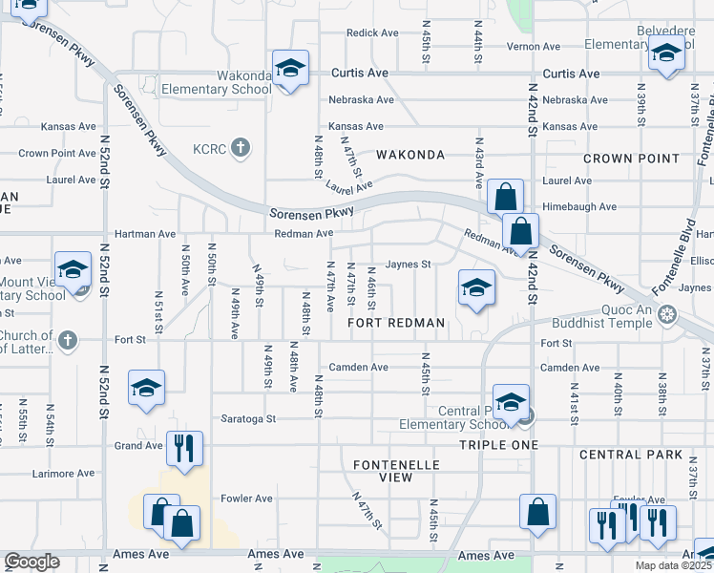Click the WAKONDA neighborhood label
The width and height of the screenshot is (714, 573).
(x=410, y=155)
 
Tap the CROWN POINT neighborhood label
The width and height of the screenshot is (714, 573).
(x=631, y=159)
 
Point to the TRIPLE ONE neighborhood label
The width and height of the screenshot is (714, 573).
(x=499, y=445)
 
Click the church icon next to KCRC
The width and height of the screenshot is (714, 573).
(x=241, y=148)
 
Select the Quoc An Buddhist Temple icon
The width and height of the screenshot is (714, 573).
(x=667, y=313)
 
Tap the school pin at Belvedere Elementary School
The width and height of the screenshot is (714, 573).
(x=666, y=54)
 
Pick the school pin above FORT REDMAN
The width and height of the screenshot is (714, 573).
(x=475, y=286)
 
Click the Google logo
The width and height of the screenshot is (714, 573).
(x=31, y=562)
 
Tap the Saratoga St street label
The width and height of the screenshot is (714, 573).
(x=249, y=418)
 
